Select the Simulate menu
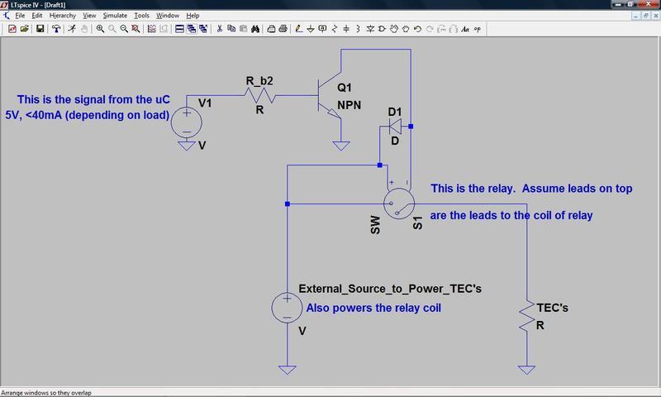(x=115, y=16)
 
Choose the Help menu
(x=193, y=16)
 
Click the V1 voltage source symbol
(x=188, y=122)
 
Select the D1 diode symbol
(x=395, y=127)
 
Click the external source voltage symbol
(x=286, y=308)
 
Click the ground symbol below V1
(x=188, y=146)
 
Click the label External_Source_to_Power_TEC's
(x=389, y=289)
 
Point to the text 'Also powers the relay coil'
(x=373, y=308)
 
